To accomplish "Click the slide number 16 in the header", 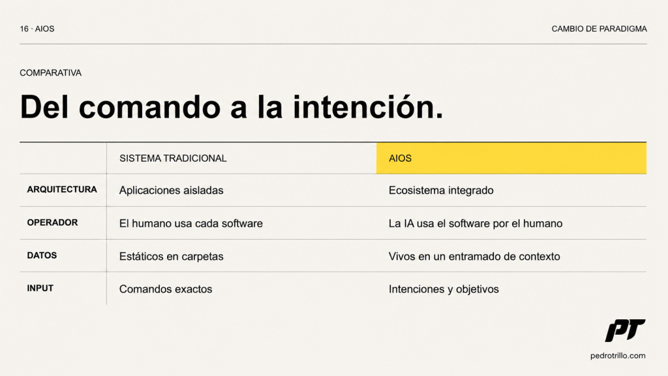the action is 24,29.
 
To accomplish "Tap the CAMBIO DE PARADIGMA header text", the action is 599,29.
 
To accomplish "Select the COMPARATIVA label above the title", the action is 50,73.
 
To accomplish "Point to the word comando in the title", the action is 149,106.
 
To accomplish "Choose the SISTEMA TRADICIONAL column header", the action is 173,158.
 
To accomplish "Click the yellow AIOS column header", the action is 511,158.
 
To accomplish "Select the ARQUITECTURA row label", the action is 62,189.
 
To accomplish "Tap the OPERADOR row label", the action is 52,223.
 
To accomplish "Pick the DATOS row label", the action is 42,255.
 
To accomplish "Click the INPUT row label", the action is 40,288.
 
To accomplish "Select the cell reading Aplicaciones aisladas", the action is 172,190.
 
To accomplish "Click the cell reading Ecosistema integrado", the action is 441,190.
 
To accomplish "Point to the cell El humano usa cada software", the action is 191,223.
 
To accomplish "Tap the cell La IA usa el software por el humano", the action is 476,223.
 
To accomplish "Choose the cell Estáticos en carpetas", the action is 172,256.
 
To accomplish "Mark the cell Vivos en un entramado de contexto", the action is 474,256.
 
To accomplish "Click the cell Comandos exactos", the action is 166,289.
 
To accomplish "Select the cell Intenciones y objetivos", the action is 444,289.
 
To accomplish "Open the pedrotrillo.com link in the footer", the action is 618,356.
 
